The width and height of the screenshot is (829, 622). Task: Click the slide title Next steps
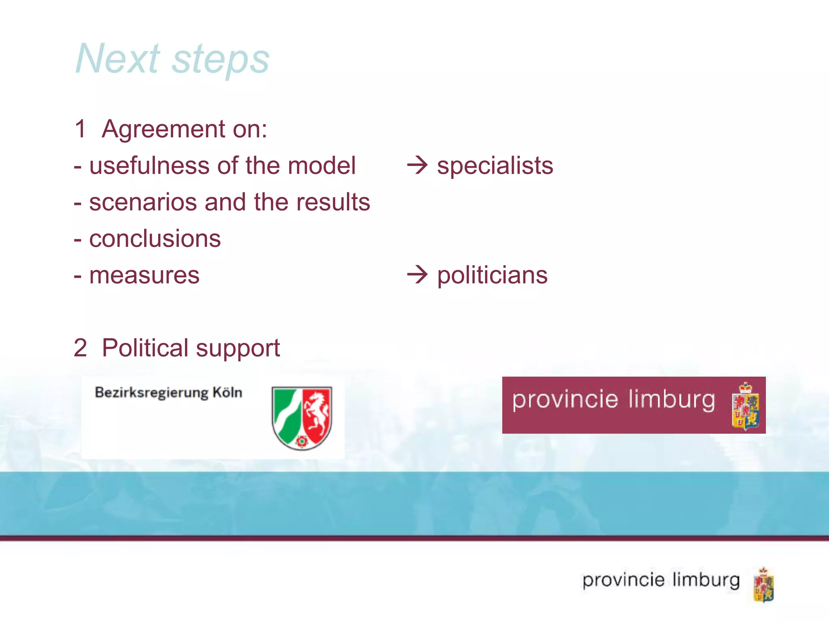tap(172, 59)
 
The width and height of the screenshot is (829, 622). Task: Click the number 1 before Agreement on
tap(80, 129)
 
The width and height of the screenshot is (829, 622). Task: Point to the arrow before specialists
tap(417, 165)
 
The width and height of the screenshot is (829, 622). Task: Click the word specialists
tap(495, 166)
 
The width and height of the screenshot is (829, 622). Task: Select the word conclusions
tap(155, 239)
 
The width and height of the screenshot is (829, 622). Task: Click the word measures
tap(144, 276)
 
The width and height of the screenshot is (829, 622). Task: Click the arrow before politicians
tap(417, 275)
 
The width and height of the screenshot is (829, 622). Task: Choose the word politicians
tap(492, 276)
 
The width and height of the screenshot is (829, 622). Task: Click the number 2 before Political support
tap(80, 348)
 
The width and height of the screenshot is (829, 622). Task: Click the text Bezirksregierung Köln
tap(168, 393)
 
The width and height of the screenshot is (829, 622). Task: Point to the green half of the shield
tap(285, 413)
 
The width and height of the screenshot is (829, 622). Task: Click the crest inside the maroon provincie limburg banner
tap(745, 406)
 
